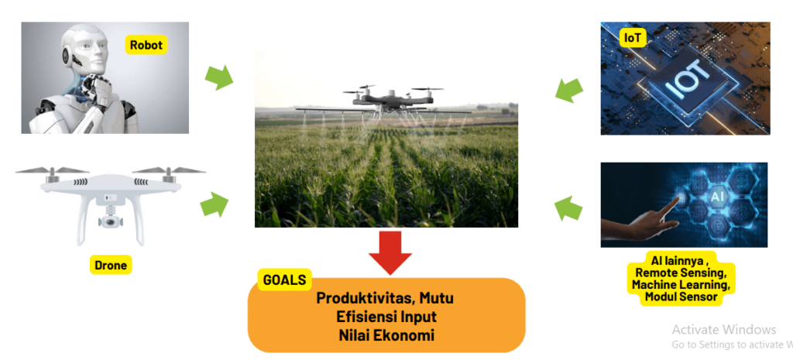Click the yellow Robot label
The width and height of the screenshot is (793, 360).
146,45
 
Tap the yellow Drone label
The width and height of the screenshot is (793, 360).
109,266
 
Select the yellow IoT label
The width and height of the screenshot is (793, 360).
633,37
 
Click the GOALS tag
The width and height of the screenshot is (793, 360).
284,280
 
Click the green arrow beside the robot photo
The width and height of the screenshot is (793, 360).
218,77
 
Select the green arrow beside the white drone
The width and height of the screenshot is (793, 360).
215,205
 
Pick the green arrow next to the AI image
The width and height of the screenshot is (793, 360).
569,207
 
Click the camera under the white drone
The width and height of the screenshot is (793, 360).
109,221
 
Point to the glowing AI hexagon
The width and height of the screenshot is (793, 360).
716,198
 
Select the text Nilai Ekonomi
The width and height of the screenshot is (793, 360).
386,336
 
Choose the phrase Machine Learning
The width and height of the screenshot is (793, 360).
681,286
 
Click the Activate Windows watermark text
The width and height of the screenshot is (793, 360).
723,329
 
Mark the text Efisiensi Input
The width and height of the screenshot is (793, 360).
386,317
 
